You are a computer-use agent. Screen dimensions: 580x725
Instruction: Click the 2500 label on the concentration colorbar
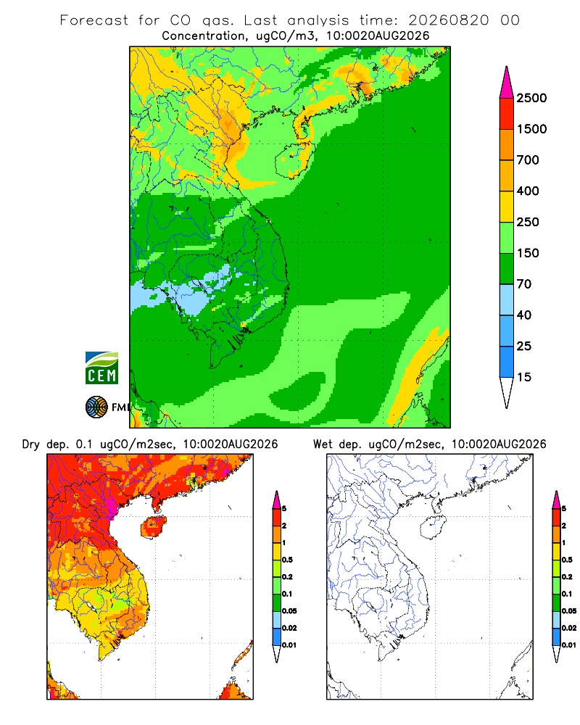pos(531,98)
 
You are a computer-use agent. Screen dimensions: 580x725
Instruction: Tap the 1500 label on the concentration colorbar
pos(531,129)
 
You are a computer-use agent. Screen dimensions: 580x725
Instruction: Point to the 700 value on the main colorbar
pos(528,160)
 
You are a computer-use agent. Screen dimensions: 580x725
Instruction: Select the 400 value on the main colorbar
pos(528,191)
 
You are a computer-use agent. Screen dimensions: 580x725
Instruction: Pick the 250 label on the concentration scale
pos(528,222)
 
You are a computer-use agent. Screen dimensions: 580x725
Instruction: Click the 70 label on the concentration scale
pos(524,284)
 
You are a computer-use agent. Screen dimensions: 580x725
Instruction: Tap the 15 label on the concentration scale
pos(524,377)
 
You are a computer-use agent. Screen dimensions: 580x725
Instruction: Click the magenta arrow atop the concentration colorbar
pos(507,83)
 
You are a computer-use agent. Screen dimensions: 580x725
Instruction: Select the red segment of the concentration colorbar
pos(507,114)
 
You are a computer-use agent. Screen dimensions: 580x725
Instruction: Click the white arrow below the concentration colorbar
pos(507,391)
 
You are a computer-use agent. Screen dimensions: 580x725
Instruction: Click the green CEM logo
pos(101,368)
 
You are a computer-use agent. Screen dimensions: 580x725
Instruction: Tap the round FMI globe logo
pos(96,407)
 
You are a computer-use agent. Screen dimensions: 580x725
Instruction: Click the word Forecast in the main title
pos(94,20)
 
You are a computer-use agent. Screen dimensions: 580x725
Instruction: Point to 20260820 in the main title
pos(449,20)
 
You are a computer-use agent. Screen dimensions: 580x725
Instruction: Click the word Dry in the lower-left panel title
pos(31,444)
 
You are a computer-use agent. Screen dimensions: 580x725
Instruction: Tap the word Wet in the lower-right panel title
pos(323,444)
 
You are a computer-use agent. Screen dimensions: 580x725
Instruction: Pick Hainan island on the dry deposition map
pos(154,527)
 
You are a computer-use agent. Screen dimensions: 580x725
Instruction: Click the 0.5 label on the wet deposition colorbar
pos(567,560)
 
